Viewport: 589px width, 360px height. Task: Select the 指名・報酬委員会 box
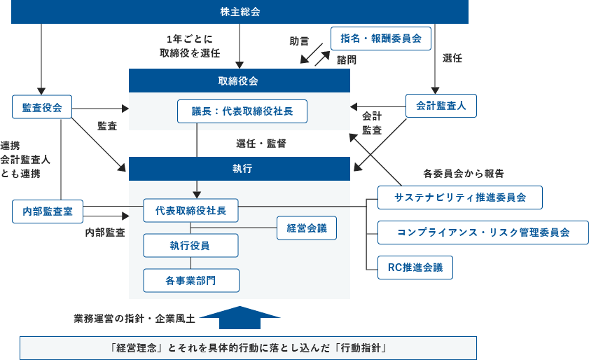380,38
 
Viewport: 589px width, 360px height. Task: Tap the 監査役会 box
42,107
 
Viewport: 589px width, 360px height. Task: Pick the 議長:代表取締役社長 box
242,111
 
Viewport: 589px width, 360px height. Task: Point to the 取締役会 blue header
239,81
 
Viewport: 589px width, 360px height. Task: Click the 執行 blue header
239,169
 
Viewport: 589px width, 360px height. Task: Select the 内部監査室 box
48,210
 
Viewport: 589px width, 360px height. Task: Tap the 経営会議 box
307,228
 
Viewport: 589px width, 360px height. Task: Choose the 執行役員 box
190,246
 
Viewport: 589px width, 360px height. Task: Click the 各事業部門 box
190,280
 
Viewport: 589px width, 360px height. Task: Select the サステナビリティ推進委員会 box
460,198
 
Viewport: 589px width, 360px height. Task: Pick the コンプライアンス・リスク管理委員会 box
483,232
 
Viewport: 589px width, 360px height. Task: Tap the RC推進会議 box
415,267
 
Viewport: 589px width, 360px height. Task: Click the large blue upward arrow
240,317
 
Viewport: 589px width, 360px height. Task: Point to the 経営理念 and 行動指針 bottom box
249,348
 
